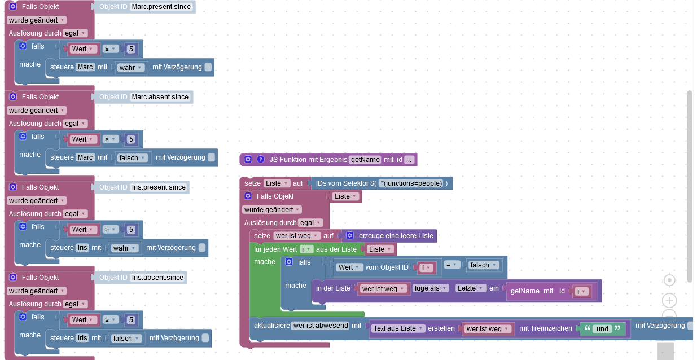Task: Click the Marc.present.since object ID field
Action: click(161, 7)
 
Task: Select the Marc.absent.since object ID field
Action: click(160, 97)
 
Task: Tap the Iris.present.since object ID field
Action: click(159, 187)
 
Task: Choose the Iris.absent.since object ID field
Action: click(157, 278)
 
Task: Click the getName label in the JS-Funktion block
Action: click(365, 160)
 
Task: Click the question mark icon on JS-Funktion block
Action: click(261, 160)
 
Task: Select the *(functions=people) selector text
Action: click(410, 183)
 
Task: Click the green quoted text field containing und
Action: click(602, 328)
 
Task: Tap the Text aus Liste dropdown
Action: click(398, 328)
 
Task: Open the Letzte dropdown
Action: click(471, 288)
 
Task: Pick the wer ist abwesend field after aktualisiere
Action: click(320, 326)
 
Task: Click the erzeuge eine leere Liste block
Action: click(390, 236)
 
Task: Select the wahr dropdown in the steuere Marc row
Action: click(131, 68)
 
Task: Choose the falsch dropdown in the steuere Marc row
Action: click(133, 158)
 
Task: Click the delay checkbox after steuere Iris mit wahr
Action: click(201, 248)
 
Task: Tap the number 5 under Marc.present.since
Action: click(131, 49)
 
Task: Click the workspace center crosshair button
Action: click(669, 280)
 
